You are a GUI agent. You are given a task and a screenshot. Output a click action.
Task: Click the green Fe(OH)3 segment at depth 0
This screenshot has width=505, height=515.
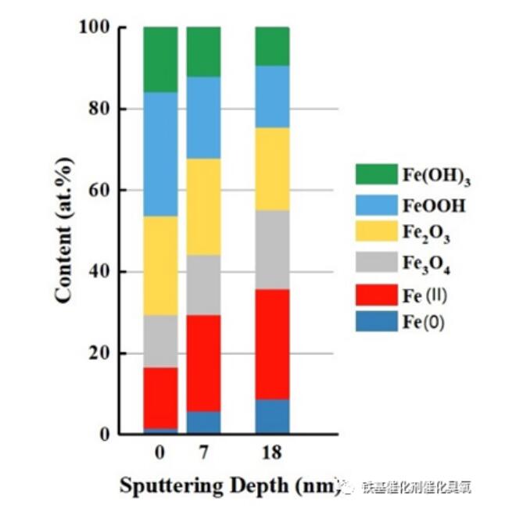pos(160,59)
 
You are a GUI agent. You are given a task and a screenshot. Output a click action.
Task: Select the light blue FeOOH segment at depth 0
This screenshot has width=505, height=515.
pos(160,154)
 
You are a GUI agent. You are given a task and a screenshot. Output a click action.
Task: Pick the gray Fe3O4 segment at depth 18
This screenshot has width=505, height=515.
pos(273,249)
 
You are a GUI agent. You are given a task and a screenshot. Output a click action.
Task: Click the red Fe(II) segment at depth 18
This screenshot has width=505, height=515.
pos(273,344)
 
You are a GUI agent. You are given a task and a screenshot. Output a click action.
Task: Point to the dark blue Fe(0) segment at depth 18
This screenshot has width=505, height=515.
pos(273,417)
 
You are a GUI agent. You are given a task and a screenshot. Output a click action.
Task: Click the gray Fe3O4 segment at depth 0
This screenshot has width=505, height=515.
pos(160,341)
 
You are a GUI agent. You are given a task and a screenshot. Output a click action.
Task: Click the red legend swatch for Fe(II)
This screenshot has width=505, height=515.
pos(376,292)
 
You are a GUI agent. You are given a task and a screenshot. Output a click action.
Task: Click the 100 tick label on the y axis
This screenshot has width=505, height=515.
pos(94,27)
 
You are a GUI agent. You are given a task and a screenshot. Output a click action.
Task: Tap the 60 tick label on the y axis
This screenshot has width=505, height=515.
pos(99,191)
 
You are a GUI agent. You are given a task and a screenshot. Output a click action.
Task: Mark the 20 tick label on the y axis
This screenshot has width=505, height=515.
pos(99,353)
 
